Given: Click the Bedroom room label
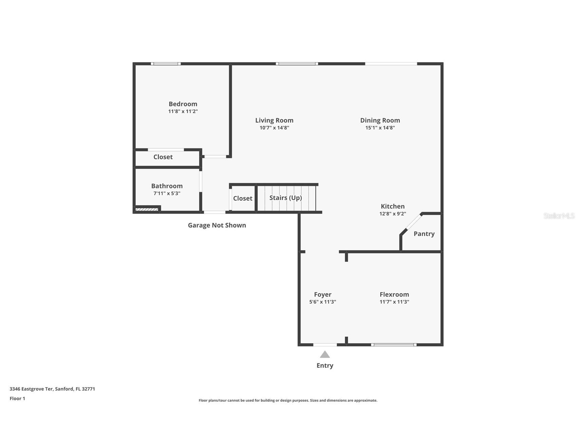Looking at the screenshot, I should [x=183, y=104].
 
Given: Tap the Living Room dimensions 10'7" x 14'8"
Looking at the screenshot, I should [x=274, y=128].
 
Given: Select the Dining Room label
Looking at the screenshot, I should [x=380, y=120].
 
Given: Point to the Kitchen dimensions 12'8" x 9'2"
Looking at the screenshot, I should [x=392, y=214].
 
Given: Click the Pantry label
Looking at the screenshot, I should [x=424, y=234].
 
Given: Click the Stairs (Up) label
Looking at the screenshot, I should [x=285, y=198].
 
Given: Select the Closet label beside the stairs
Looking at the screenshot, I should [x=242, y=198].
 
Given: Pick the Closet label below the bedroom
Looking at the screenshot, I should [x=163, y=157].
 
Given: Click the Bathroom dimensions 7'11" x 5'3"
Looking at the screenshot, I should [x=167, y=193].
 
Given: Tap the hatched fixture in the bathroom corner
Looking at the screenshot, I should [x=147, y=209].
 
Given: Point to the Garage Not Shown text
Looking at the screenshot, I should [x=217, y=225].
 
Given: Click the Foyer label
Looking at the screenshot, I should [x=322, y=294].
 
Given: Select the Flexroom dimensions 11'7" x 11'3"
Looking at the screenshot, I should [x=394, y=302].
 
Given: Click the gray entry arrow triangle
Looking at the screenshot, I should [x=325, y=355].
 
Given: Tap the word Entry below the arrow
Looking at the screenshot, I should [x=325, y=365].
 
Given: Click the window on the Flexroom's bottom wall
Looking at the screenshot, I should [x=393, y=345].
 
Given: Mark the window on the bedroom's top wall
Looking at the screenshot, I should [x=166, y=64].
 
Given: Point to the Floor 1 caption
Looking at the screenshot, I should [x=17, y=398].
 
